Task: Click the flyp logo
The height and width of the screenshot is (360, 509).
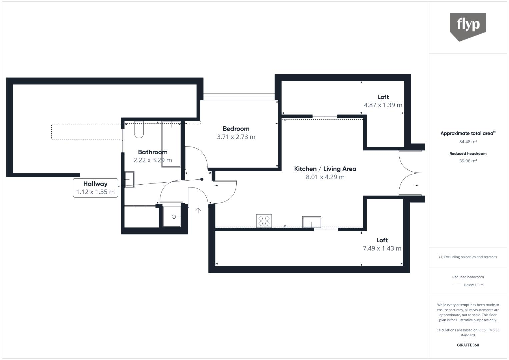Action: (468, 26)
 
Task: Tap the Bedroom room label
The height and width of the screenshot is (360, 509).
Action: (236, 129)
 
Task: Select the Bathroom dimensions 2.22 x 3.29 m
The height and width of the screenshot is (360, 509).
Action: (153, 160)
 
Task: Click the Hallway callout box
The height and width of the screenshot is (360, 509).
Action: (95, 188)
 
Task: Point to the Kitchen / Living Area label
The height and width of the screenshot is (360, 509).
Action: (325, 169)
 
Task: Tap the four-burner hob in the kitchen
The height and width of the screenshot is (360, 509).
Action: (264, 221)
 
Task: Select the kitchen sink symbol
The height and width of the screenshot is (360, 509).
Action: (312, 222)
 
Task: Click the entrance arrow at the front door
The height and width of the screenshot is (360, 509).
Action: (198, 210)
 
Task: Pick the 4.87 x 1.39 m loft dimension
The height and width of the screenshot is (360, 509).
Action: (383, 105)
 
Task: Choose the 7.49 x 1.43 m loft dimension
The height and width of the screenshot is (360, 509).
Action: (382, 248)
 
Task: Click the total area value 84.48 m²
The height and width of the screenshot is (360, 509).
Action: (468, 142)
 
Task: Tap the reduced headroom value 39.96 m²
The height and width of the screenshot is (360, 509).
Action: (468, 161)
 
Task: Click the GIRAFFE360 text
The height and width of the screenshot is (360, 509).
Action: (468, 345)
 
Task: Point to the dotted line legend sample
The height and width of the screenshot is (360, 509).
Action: (457, 285)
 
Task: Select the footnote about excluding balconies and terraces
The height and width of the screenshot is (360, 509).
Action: (468, 257)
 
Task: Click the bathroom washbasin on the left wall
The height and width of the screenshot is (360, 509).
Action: (129, 179)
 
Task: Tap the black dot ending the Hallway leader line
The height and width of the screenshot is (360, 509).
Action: (202, 179)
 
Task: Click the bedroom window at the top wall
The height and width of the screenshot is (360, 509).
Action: (239, 96)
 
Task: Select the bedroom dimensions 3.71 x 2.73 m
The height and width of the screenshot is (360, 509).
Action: (236, 137)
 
